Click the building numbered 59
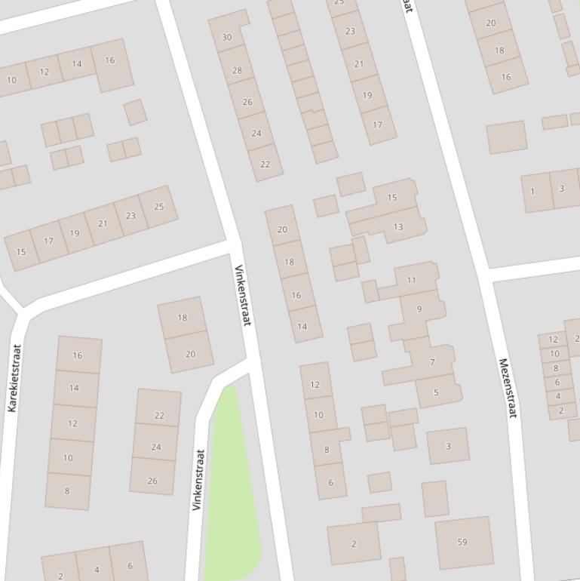(x=462, y=542)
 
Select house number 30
(x=227, y=37)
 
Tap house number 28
(x=237, y=70)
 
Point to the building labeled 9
(x=419, y=309)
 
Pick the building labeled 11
(x=411, y=280)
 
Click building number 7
(x=432, y=362)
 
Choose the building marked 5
(x=436, y=392)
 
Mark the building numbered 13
(x=397, y=226)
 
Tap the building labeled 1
(x=532, y=191)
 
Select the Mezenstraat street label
(x=508, y=388)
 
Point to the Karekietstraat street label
(x=14, y=378)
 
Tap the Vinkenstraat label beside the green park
(x=198, y=480)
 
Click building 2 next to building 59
(x=354, y=543)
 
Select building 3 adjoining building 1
(x=561, y=188)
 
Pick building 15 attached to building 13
(x=391, y=198)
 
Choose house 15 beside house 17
(x=21, y=251)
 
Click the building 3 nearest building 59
(x=448, y=446)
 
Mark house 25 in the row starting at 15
(x=158, y=206)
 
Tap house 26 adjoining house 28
(x=247, y=102)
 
